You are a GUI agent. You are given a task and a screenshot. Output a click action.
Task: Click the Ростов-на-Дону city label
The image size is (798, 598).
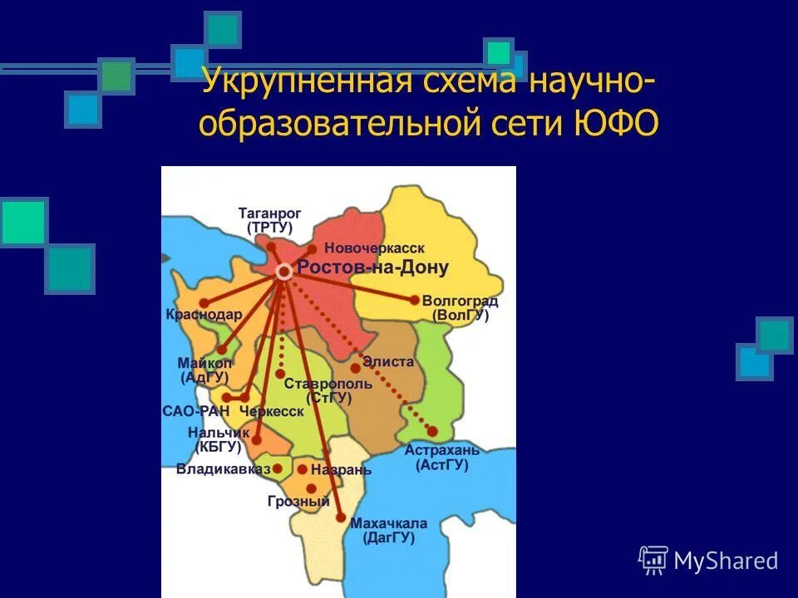point(372,267)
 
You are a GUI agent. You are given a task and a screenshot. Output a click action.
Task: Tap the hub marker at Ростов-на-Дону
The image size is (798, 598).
point(283,272)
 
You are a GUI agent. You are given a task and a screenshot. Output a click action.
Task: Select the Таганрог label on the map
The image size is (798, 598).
point(270,213)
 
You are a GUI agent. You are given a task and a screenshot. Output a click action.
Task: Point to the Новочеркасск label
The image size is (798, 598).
point(374,248)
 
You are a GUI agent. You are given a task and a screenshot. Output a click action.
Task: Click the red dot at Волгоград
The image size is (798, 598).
point(415,300)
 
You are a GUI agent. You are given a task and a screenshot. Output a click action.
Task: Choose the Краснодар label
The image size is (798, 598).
point(204,315)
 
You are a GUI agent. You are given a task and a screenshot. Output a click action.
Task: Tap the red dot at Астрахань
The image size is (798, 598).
point(432,431)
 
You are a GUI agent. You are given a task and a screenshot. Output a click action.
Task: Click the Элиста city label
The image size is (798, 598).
point(388,362)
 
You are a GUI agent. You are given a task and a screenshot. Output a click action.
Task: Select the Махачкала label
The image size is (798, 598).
point(388,523)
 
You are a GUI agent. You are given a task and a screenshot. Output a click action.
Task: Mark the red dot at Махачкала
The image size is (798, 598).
point(341,517)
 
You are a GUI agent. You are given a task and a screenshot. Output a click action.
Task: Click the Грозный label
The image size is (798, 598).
point(298,501)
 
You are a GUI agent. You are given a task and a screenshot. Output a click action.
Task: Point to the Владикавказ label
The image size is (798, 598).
point(223,468)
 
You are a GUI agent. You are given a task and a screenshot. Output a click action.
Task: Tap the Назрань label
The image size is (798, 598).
point(342,469)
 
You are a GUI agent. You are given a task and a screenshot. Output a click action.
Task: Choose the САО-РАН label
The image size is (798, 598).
point(195,411)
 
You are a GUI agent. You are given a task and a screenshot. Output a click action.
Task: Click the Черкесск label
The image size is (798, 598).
point(271,411)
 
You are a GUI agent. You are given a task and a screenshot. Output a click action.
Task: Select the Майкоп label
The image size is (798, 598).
point(204,363)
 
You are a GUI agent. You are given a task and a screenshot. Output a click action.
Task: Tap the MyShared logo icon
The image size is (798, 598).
point(653,561)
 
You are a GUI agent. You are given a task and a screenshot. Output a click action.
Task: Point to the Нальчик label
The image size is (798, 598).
point(214,432)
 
